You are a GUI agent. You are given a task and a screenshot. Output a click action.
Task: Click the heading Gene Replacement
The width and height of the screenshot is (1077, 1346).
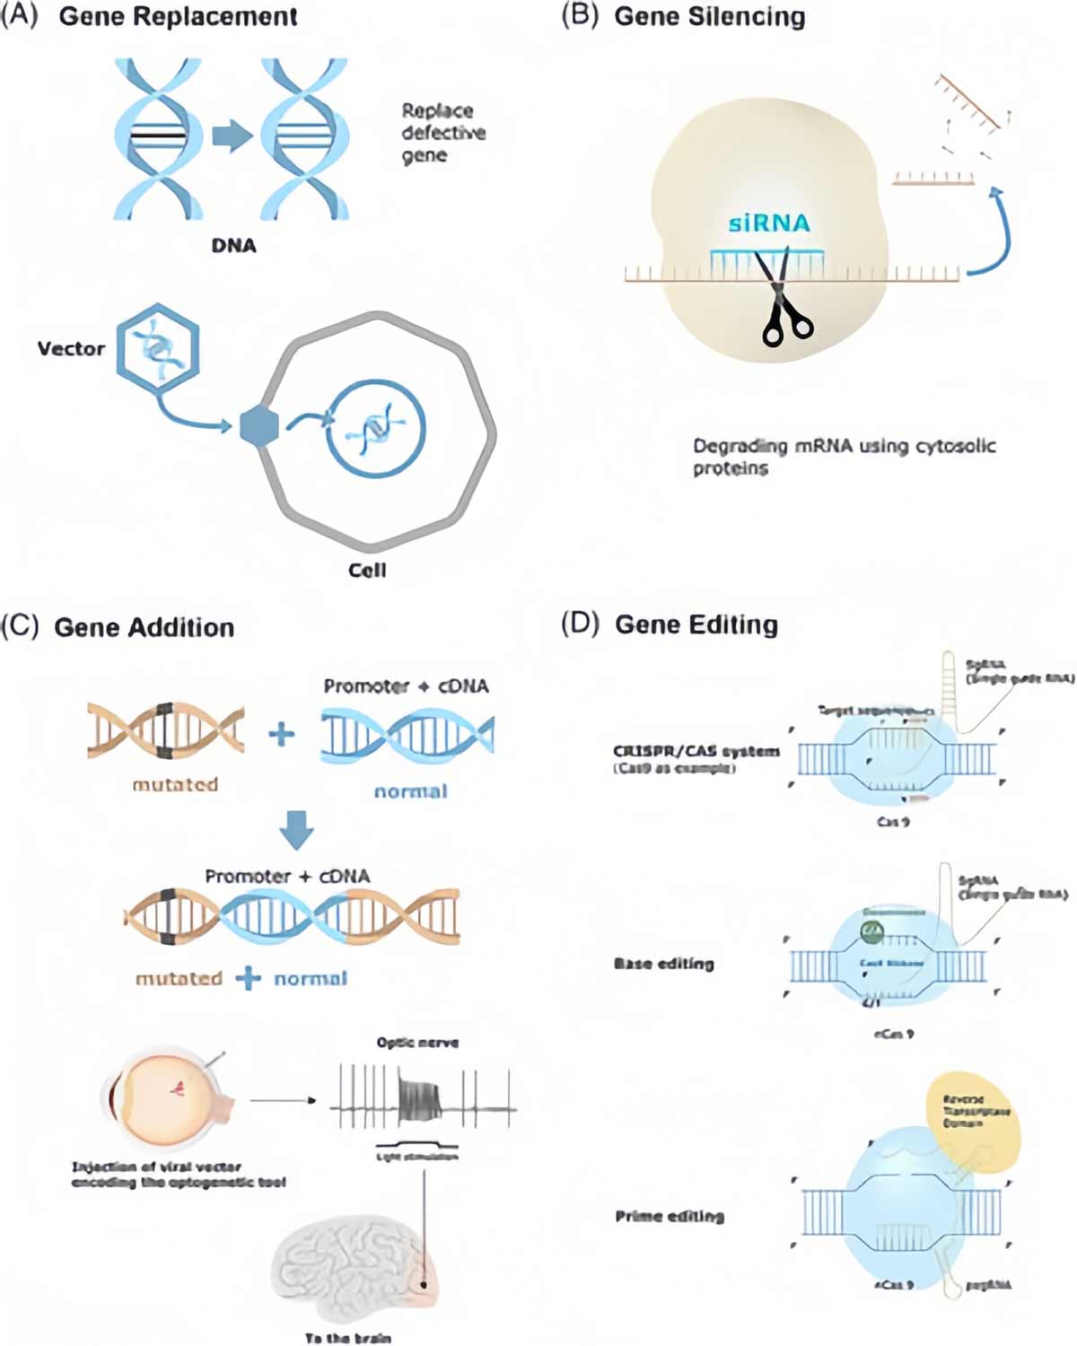[x=178, y=17]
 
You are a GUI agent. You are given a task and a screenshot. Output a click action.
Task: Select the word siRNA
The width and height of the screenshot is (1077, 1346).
[x=769, y=223]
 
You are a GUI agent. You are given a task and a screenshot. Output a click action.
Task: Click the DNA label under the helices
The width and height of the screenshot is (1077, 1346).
[x=233, y=246]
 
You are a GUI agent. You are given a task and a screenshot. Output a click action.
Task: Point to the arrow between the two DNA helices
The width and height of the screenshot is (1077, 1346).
[x=232, y=136]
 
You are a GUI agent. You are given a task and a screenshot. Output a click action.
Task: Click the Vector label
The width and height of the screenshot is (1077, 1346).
[x=71, y=349]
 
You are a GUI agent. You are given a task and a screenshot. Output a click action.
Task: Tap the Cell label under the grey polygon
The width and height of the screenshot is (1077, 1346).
[x=367, y=571]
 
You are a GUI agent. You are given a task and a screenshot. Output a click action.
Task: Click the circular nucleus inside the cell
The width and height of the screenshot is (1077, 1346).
[x=375, y=430]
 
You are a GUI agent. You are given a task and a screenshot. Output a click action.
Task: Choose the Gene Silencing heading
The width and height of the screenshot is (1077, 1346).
[x=709, y=17]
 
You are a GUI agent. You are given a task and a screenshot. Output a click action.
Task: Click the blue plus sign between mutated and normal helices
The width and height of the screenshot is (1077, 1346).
[x=282, y=735]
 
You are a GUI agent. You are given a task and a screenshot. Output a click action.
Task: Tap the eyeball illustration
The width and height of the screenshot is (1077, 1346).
[x=166, y=1097]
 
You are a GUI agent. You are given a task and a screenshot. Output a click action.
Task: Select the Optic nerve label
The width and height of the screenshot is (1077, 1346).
[x=417, y=1043]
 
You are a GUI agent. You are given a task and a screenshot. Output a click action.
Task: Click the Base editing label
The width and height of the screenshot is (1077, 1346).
[x=663, y=964]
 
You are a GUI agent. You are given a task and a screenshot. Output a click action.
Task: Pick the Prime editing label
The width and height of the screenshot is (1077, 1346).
[x=670, y=1217]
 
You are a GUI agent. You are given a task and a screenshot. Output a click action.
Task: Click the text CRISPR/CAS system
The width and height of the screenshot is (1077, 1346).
[x=696, y=751]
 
